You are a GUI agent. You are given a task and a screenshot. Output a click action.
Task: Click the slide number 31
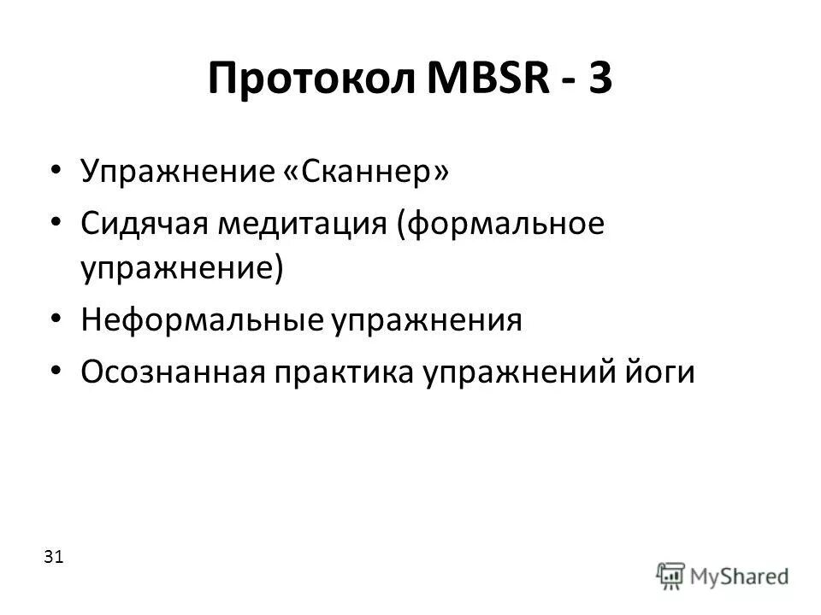52,557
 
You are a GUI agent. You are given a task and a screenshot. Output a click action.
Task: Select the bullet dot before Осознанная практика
56,372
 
